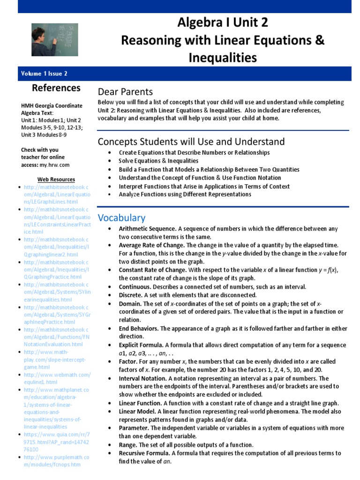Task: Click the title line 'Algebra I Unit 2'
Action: tap(223, 23)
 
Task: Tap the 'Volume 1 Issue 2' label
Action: tap(44, 74)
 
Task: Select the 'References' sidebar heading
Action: tap(56, 88)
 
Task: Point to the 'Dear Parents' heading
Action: tap(125, 92)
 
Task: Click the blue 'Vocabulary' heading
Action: tap(121, 217)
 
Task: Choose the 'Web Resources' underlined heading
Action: tap(56, 180)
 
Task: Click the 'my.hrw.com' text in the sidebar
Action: tap(54, 165)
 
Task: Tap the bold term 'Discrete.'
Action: tap(130, 295)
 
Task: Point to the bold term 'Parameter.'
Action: tap(135, 428)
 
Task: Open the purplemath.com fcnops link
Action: tap(56, 461)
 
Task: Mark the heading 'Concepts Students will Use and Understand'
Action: tap(191, 142)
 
